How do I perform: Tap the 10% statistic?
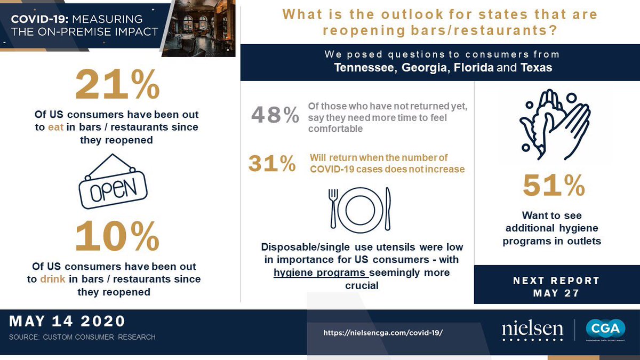117,236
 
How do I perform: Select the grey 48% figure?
275,115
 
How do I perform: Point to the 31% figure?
272,164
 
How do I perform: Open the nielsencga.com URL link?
383,332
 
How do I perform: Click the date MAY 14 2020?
67,321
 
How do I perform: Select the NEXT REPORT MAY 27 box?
556,286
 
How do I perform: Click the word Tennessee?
363,68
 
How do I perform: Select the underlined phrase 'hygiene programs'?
321,273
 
